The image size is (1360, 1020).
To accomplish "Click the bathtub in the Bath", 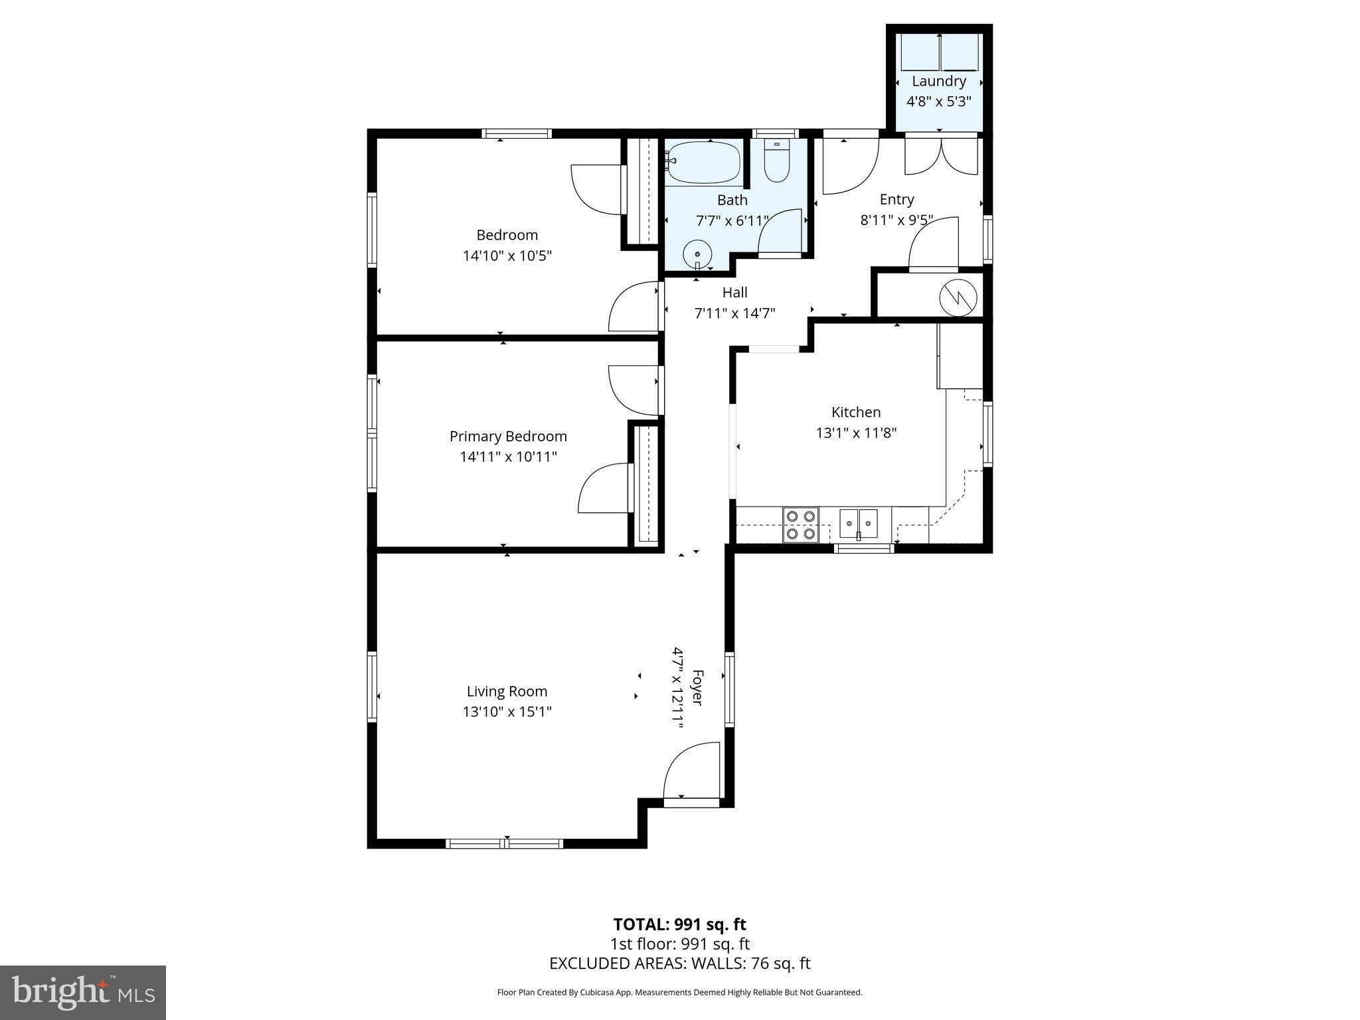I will coord(704,163).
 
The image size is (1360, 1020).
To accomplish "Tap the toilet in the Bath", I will coord(776,162).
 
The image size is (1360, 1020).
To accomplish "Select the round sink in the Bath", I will coord(697,254).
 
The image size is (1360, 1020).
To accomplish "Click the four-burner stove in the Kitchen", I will coord(800,525).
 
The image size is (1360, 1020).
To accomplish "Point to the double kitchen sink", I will coord(858,523).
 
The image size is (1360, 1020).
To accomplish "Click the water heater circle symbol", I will coord(958,297).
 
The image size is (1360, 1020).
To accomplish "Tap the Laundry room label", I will coord(938,81).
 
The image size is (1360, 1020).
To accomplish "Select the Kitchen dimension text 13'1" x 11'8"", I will coord(856,433).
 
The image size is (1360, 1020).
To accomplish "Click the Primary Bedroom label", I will coord(508,436).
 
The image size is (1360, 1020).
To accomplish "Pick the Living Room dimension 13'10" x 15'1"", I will coord(507,712).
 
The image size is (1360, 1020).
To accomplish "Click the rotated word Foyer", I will coord(697,688).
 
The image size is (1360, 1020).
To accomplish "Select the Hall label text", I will coord(734,292).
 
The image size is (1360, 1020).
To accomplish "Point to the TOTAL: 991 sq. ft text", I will coord(679,924).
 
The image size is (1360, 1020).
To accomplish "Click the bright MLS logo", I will coord(83,993).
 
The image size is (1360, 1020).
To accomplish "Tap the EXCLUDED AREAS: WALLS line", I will coord(679,964).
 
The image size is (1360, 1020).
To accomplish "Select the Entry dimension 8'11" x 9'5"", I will coord(896,220).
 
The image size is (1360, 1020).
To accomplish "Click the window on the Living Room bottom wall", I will coord(505,843).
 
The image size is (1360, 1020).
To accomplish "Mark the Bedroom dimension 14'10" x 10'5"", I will coord(507,256).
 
